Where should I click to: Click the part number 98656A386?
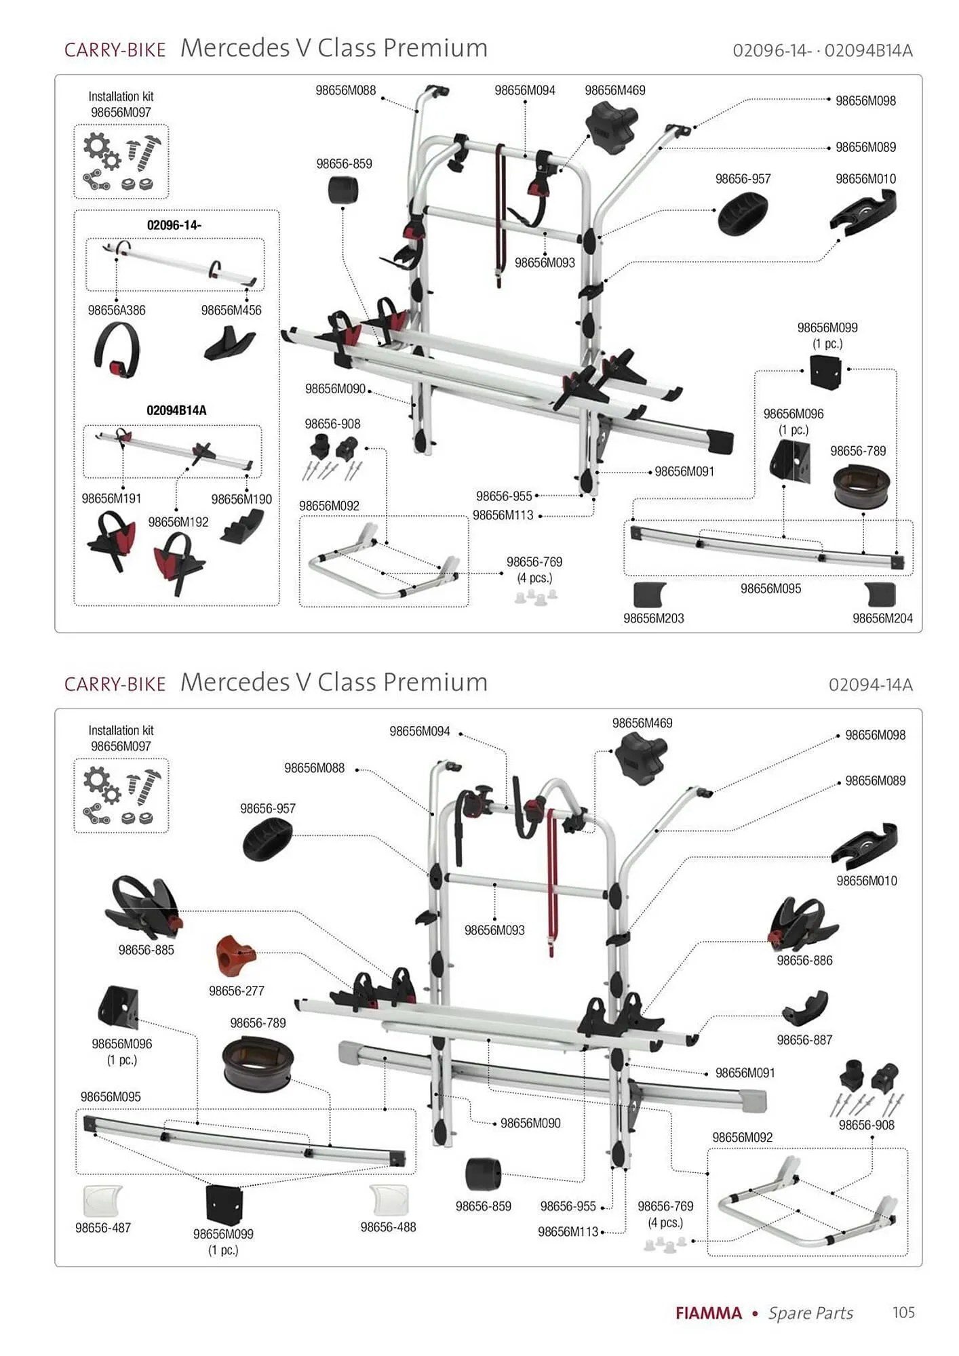(x=117, y=311)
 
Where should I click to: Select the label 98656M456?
(x=231, y=311)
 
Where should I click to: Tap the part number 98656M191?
(x=111, y=498)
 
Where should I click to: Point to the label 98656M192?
(x=178, y=522)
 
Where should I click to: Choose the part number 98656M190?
(x=241, y=499)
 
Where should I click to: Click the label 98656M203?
(x=654, y=618)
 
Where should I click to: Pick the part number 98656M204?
(x=882, y=618)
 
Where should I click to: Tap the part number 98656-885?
(x=146, y=950)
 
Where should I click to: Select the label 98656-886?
(x=804, y=960)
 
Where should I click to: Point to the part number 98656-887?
(x=804, y=1039)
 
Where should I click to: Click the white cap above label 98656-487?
(x=102, y=1201)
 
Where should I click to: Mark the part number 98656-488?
(x=388, y=1227)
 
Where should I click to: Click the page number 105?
(x=903, y=1312)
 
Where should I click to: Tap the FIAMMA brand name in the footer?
(x=709, y=1313)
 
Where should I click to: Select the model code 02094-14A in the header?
(x=870, y=685)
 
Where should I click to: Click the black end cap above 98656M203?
(x=650, y=595)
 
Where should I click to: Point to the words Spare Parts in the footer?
(x=810, y=1313)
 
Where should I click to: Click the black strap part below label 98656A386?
(x=117, y=348)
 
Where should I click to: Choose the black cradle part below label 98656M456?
(x=230, y=344)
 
